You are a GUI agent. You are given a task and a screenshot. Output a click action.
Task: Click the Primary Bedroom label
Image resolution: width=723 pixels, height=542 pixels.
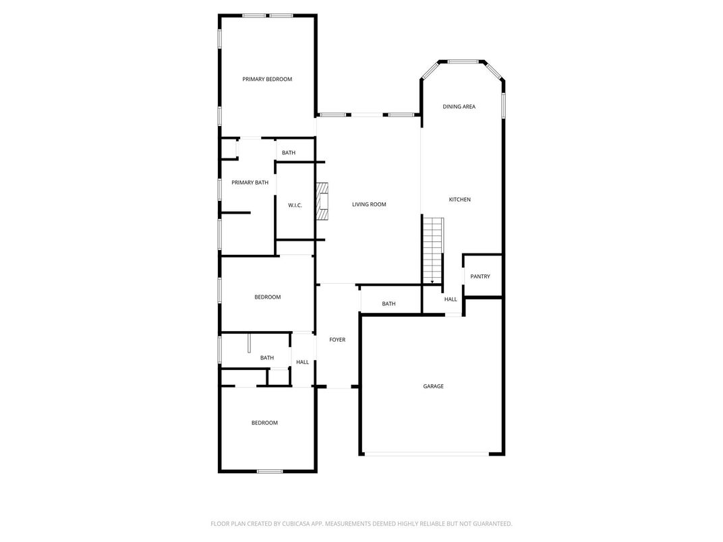(x=267, y=80)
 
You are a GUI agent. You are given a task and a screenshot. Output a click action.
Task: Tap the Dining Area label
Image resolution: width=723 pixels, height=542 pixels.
(x=459, y=107)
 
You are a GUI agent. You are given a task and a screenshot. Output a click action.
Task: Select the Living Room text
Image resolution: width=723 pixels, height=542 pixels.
(x=369, y=204)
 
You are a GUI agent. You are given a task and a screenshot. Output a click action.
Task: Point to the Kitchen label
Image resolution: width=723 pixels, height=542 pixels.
(x=460, y=200)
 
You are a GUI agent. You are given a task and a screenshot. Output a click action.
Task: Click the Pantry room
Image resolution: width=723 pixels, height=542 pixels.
(x=480, y=276)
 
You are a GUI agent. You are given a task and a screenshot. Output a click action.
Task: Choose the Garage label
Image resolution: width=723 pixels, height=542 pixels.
(x=433, y=386)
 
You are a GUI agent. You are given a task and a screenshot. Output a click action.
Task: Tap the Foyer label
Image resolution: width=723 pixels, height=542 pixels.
(x=337, y=340)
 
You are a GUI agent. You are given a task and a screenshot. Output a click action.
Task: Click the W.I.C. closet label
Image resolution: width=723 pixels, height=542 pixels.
(x=295, y=205)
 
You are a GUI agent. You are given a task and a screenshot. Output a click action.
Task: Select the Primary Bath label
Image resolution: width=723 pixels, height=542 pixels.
(x=250, y=183)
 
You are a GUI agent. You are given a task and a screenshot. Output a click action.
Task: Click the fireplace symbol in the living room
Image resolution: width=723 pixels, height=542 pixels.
(x=323, y=202)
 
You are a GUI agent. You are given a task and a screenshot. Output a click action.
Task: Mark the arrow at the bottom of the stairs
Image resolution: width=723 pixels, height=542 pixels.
(x=432, y=280)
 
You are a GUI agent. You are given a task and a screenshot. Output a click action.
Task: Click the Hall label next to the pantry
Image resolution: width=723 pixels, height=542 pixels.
(x=451, y=299)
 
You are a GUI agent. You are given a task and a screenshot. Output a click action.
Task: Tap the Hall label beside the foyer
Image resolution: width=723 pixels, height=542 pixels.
(x=302, y=362)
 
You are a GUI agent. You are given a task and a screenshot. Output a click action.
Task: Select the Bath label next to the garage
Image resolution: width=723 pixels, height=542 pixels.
(x=388, y=304)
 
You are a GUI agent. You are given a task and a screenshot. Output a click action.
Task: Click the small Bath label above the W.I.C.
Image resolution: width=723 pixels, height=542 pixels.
(x=289, y=153)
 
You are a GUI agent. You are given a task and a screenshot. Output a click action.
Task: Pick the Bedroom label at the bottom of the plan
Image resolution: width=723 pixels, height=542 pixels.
(x=264, y=423)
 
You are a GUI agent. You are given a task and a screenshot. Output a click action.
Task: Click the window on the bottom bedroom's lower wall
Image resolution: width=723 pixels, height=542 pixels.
(x=269, y=471)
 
